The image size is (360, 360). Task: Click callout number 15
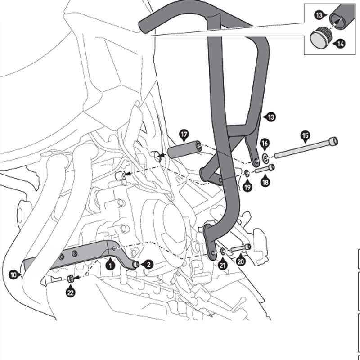point(305,135)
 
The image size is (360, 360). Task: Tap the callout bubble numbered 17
point(184,134)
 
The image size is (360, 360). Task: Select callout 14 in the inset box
point(341,43)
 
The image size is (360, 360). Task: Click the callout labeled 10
point(14,273)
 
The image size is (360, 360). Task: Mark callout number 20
point(241,261)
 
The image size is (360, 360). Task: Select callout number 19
point(247,187)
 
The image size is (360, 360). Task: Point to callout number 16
point(265,144)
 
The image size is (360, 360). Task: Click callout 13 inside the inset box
point(319,15)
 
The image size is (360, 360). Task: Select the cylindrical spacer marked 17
point(184,149)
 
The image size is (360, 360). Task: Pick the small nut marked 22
point(71,279)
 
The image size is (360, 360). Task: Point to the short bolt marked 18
point(265,169)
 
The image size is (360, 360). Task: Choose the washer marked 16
point(265,157)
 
